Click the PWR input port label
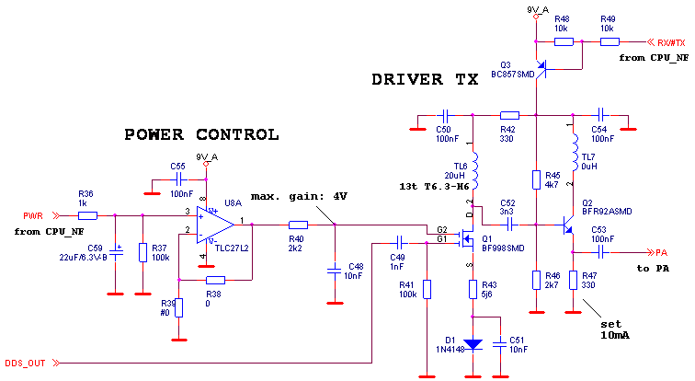pos(34,216)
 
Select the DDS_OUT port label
pos(25,364)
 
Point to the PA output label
pos(662,253)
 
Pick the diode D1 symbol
pos(473,344)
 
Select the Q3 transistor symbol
pos(540,68)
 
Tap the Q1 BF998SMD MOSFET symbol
pos(467,241)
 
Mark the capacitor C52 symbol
pos(507,224)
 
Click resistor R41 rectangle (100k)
pos(427,289)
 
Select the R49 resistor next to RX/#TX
pos(609,41)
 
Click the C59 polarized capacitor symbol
pos(115,250)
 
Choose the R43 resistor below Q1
pos(473,289)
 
